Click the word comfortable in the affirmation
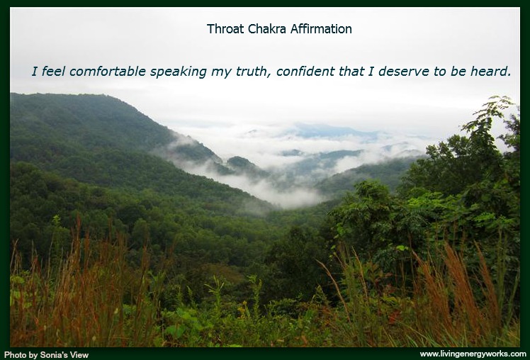pyautogui.click(x=108, y=72)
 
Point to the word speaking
pyautogui.click(x=178, y=72)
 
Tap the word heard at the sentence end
pyautogui.click(x=490, y=72)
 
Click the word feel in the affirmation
pyautogui.click(x=53, y=72)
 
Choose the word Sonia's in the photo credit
pyautogui.click(x=54, y=355)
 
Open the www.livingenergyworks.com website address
pyautogui.click(x=473, y=354)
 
